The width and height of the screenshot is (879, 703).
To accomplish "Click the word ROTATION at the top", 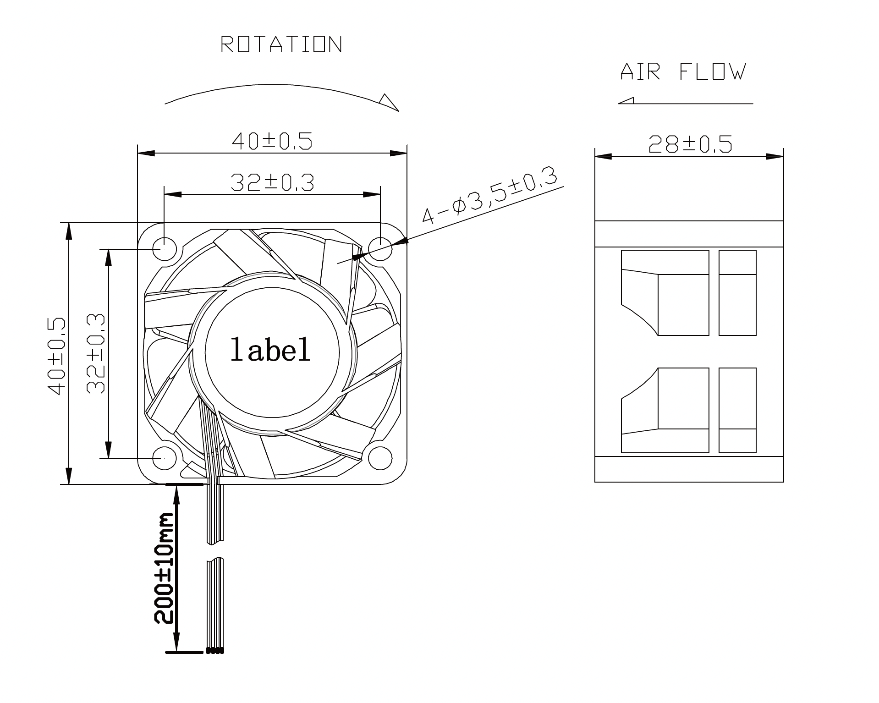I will click(x=281, y=44).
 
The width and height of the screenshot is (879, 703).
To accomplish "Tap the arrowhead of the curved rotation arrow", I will click(x=390, y=102).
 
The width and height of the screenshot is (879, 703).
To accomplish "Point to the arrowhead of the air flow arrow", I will click(x=626, y=101).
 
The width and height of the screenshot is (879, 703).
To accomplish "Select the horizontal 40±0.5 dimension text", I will click(x=272, y=141).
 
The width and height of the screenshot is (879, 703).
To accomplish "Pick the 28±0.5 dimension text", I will click(x=690, y=144).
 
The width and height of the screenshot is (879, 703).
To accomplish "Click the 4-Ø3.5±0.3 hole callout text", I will click(x=489, y=196).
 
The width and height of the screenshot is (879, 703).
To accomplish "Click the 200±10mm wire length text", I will click(x=164, y=568).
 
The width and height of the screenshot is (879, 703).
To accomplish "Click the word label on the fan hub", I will click(x=270, y=350).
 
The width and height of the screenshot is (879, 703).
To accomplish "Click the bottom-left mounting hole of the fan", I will click(x=164, y=458).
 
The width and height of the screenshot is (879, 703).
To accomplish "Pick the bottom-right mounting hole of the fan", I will click(x=380, y=458).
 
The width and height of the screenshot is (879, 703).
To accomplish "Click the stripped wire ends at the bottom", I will click(x=215, y=650).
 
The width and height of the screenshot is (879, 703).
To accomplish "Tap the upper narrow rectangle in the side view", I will click(x=737, y=293).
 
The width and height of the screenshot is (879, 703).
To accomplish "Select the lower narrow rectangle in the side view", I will click(x=737, y=410).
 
